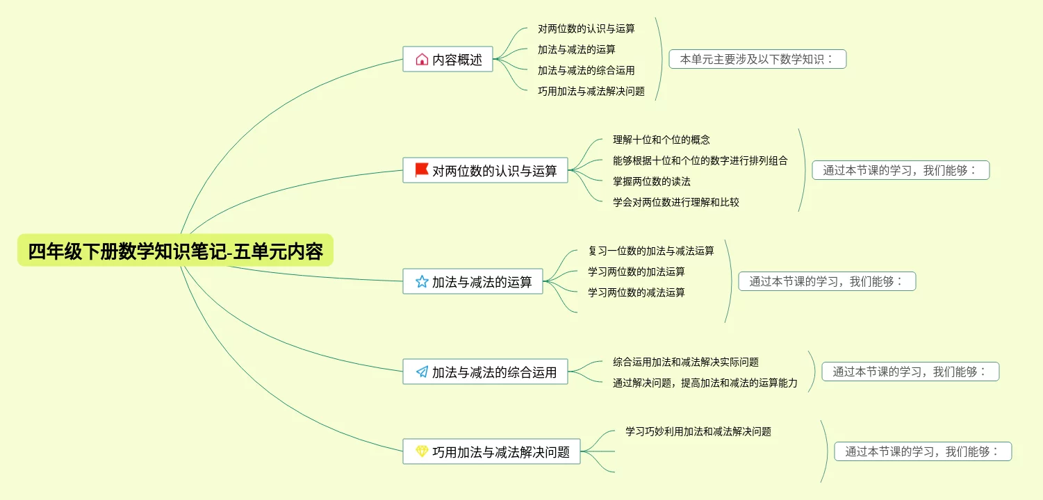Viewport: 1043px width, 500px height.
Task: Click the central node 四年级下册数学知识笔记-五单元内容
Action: click(175, 251)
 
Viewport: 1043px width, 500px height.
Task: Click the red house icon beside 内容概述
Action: click(422, 60)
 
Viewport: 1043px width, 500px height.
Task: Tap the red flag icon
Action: click(421, 170)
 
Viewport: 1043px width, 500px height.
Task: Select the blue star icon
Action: click(421, 281)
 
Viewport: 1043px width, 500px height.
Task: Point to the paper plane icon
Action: click(422, 372)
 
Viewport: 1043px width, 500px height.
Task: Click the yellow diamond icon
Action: click(422, 451)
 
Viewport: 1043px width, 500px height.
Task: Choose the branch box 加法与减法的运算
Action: click(473, 281)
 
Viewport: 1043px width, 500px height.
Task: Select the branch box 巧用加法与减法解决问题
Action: click(491, 451)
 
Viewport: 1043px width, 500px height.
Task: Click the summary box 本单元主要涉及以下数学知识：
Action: click(757, 59)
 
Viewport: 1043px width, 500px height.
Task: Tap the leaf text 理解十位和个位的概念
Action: click(661, 140)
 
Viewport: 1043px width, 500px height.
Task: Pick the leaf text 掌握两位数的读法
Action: click(651, 181)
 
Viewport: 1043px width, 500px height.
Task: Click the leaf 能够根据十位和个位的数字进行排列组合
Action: click(700, 160)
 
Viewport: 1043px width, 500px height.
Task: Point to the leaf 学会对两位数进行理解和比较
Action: click(675, 202)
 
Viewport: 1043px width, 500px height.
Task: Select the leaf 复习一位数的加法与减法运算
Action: click(650, 251)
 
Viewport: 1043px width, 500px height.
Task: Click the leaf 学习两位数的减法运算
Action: click(636, 292)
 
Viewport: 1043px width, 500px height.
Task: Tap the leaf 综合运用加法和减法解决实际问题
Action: click(685, 362)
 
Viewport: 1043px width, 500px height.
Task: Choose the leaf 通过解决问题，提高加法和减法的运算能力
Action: click(705, 383)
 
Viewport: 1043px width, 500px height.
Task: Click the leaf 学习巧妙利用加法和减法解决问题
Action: click(698, 431)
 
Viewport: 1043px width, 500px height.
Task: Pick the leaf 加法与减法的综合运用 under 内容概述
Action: click(586, 70)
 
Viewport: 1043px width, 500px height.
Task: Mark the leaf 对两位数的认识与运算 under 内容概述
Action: click(586, 28)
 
